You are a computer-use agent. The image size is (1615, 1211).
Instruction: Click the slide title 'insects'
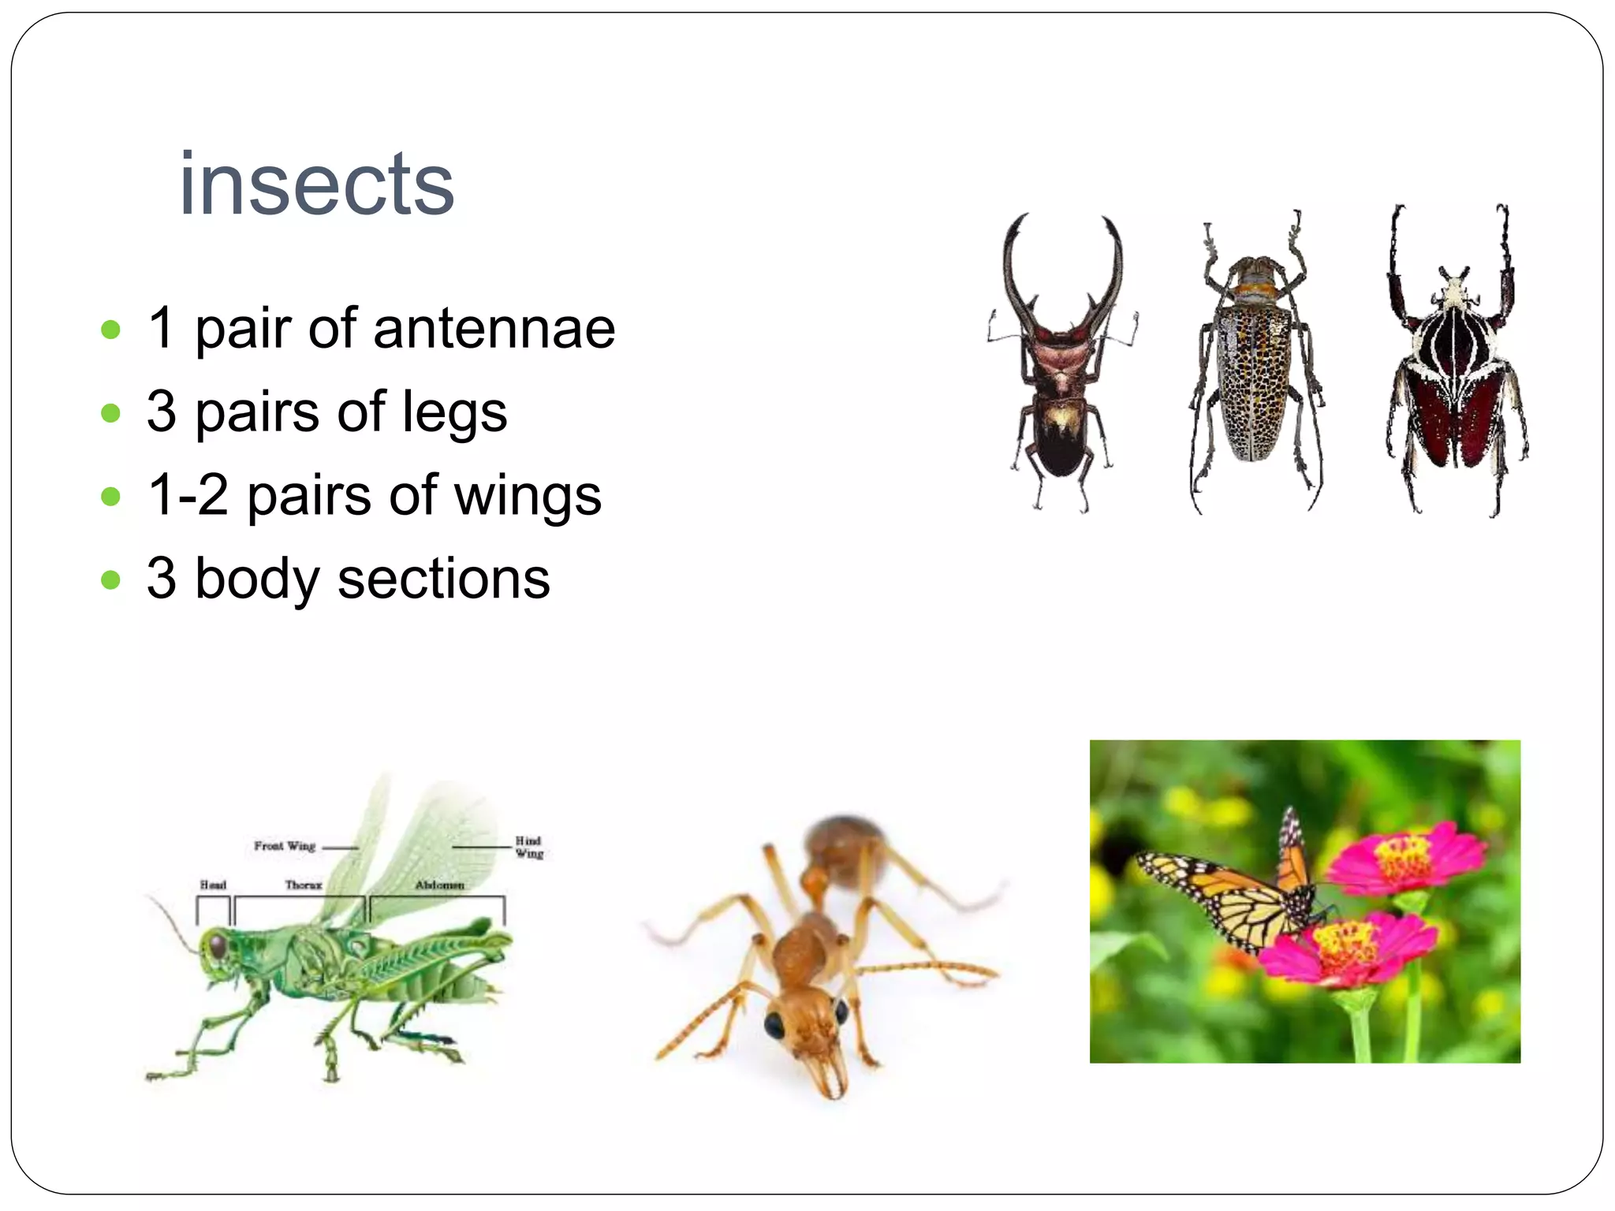(x=316, y=184)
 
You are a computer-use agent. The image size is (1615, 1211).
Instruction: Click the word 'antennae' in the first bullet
(x=494, y=329)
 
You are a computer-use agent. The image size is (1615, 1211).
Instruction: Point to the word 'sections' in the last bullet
(x=443, y=579)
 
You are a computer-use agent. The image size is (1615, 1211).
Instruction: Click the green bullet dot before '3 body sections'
(x=111, y=580)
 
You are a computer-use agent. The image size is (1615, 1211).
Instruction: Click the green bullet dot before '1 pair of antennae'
(x=111, y=330)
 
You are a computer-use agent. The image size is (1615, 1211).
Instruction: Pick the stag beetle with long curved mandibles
(x=1061, y=371)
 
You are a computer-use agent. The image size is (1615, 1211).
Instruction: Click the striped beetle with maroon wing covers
(x=1456, y=371)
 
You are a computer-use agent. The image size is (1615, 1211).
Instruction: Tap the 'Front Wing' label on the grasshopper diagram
(x=285, y=846)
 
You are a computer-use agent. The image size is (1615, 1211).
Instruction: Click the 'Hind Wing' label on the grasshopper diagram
(x=529, y=847)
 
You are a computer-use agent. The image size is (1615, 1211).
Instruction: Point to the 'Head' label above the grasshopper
(x=213, y=885)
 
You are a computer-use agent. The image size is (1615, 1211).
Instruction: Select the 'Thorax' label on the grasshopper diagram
(x=304, y=885)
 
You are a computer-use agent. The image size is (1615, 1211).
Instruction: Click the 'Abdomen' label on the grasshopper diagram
(x=439, y=885)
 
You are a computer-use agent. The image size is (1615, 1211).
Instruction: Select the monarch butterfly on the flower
(x=1238, y=891)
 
